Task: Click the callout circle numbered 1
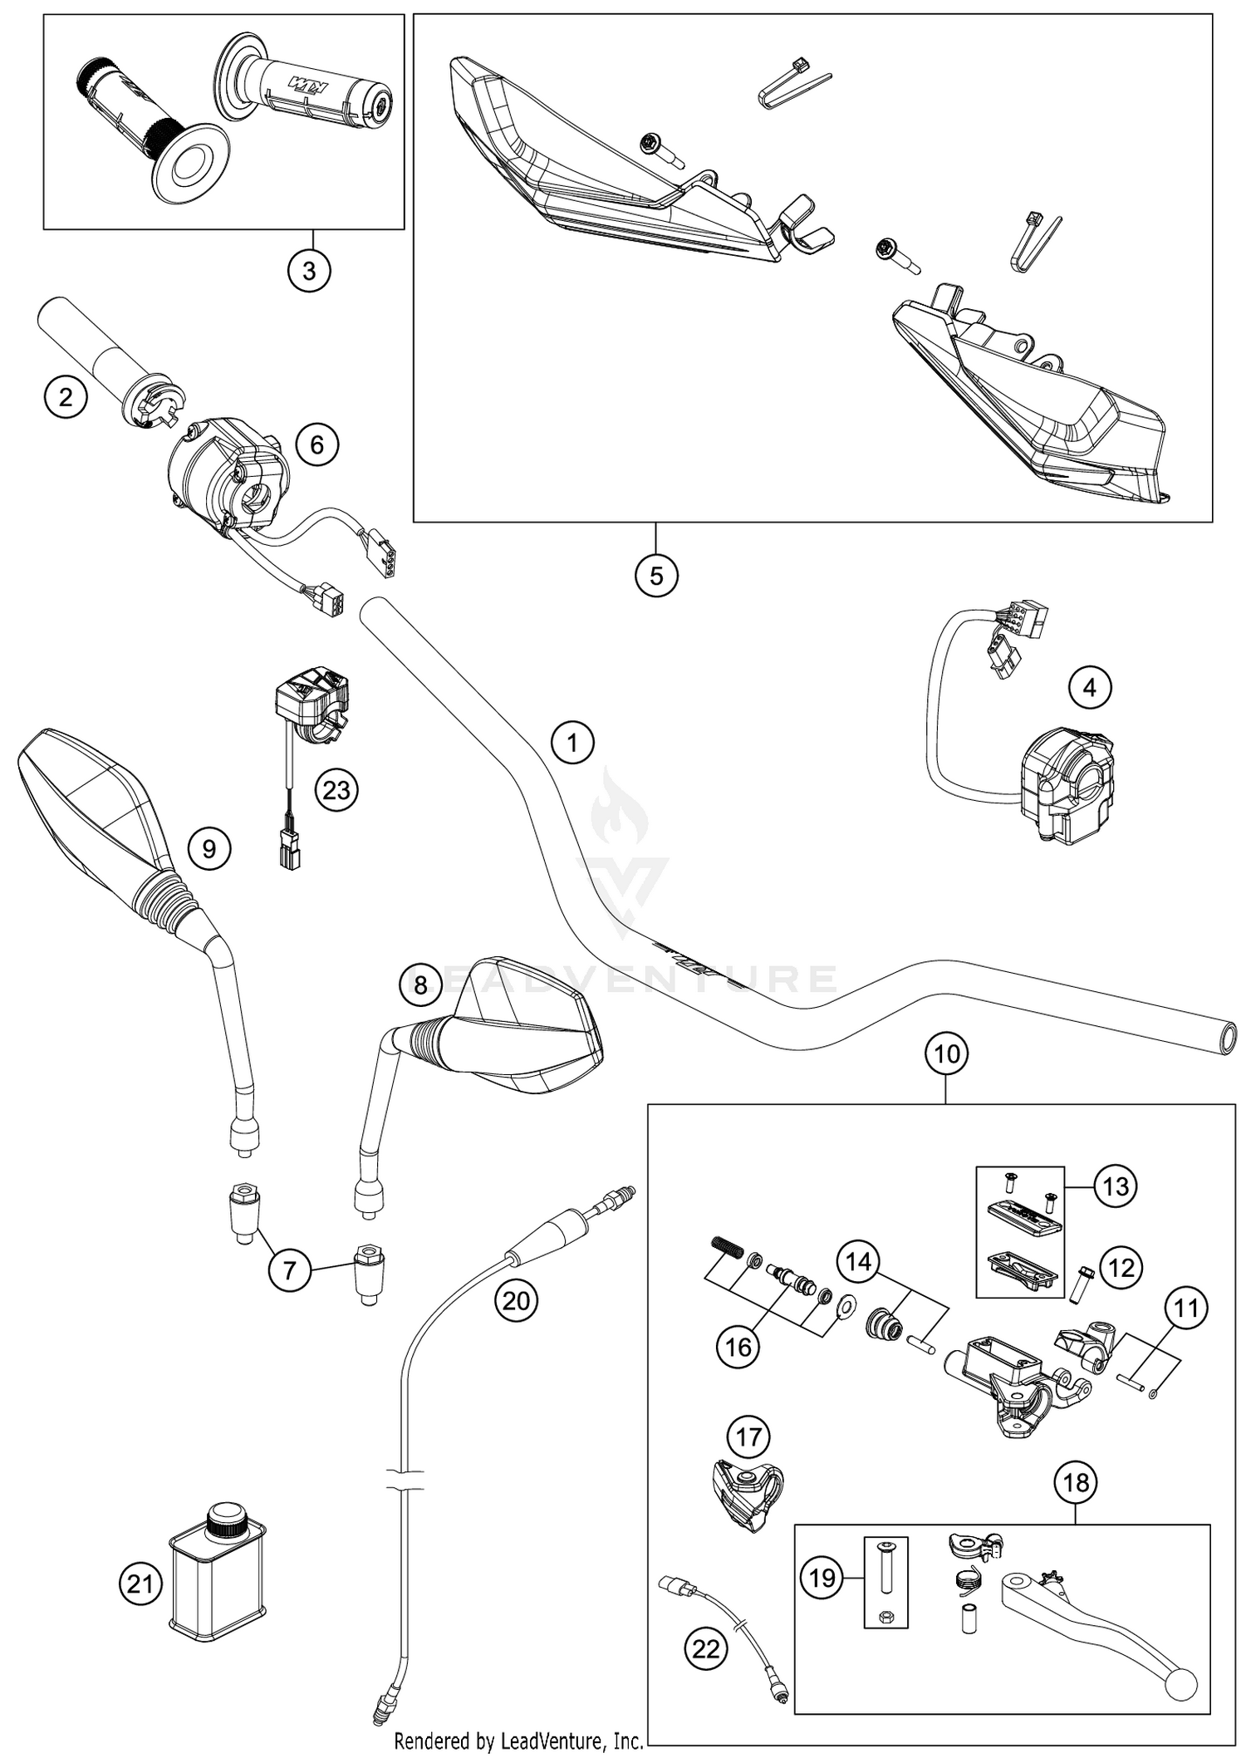(x=572, y=742)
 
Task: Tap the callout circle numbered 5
(x=656, y=575)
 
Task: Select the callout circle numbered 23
(x=336, y=789)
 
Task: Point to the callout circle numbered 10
(x=947, y=1054)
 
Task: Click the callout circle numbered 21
(x=140, y=1584)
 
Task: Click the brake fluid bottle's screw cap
(x=224, y=1520)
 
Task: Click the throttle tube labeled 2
(x=91, y=349)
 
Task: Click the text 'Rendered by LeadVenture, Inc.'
(x=518, y=1739)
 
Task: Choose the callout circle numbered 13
(x=1116, y=1186)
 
